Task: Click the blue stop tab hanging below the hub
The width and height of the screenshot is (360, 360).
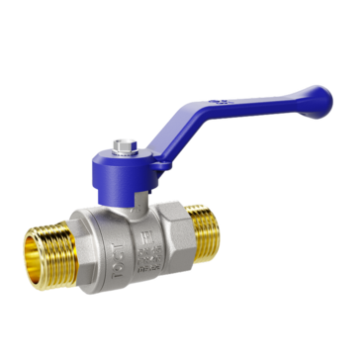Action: coord(139,188)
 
